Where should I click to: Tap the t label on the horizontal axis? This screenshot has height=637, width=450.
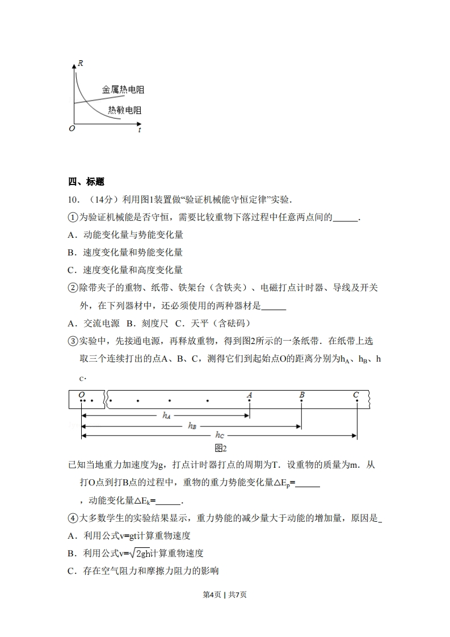(x=139, y=130)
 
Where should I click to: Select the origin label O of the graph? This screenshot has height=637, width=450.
(x=72, y=129)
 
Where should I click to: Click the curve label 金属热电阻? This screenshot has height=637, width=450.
(x=123, y=90)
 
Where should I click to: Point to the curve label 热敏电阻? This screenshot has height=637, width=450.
(x=124, y=110)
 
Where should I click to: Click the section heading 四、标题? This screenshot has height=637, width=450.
(x=86, y=182)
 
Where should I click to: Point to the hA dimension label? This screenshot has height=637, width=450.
(x=166, y=416)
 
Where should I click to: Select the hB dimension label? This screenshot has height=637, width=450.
(x=192, y=426)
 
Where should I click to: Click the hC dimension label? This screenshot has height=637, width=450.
(x=221, y=435)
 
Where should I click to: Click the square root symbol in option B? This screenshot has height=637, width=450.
(x=133, y=552)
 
